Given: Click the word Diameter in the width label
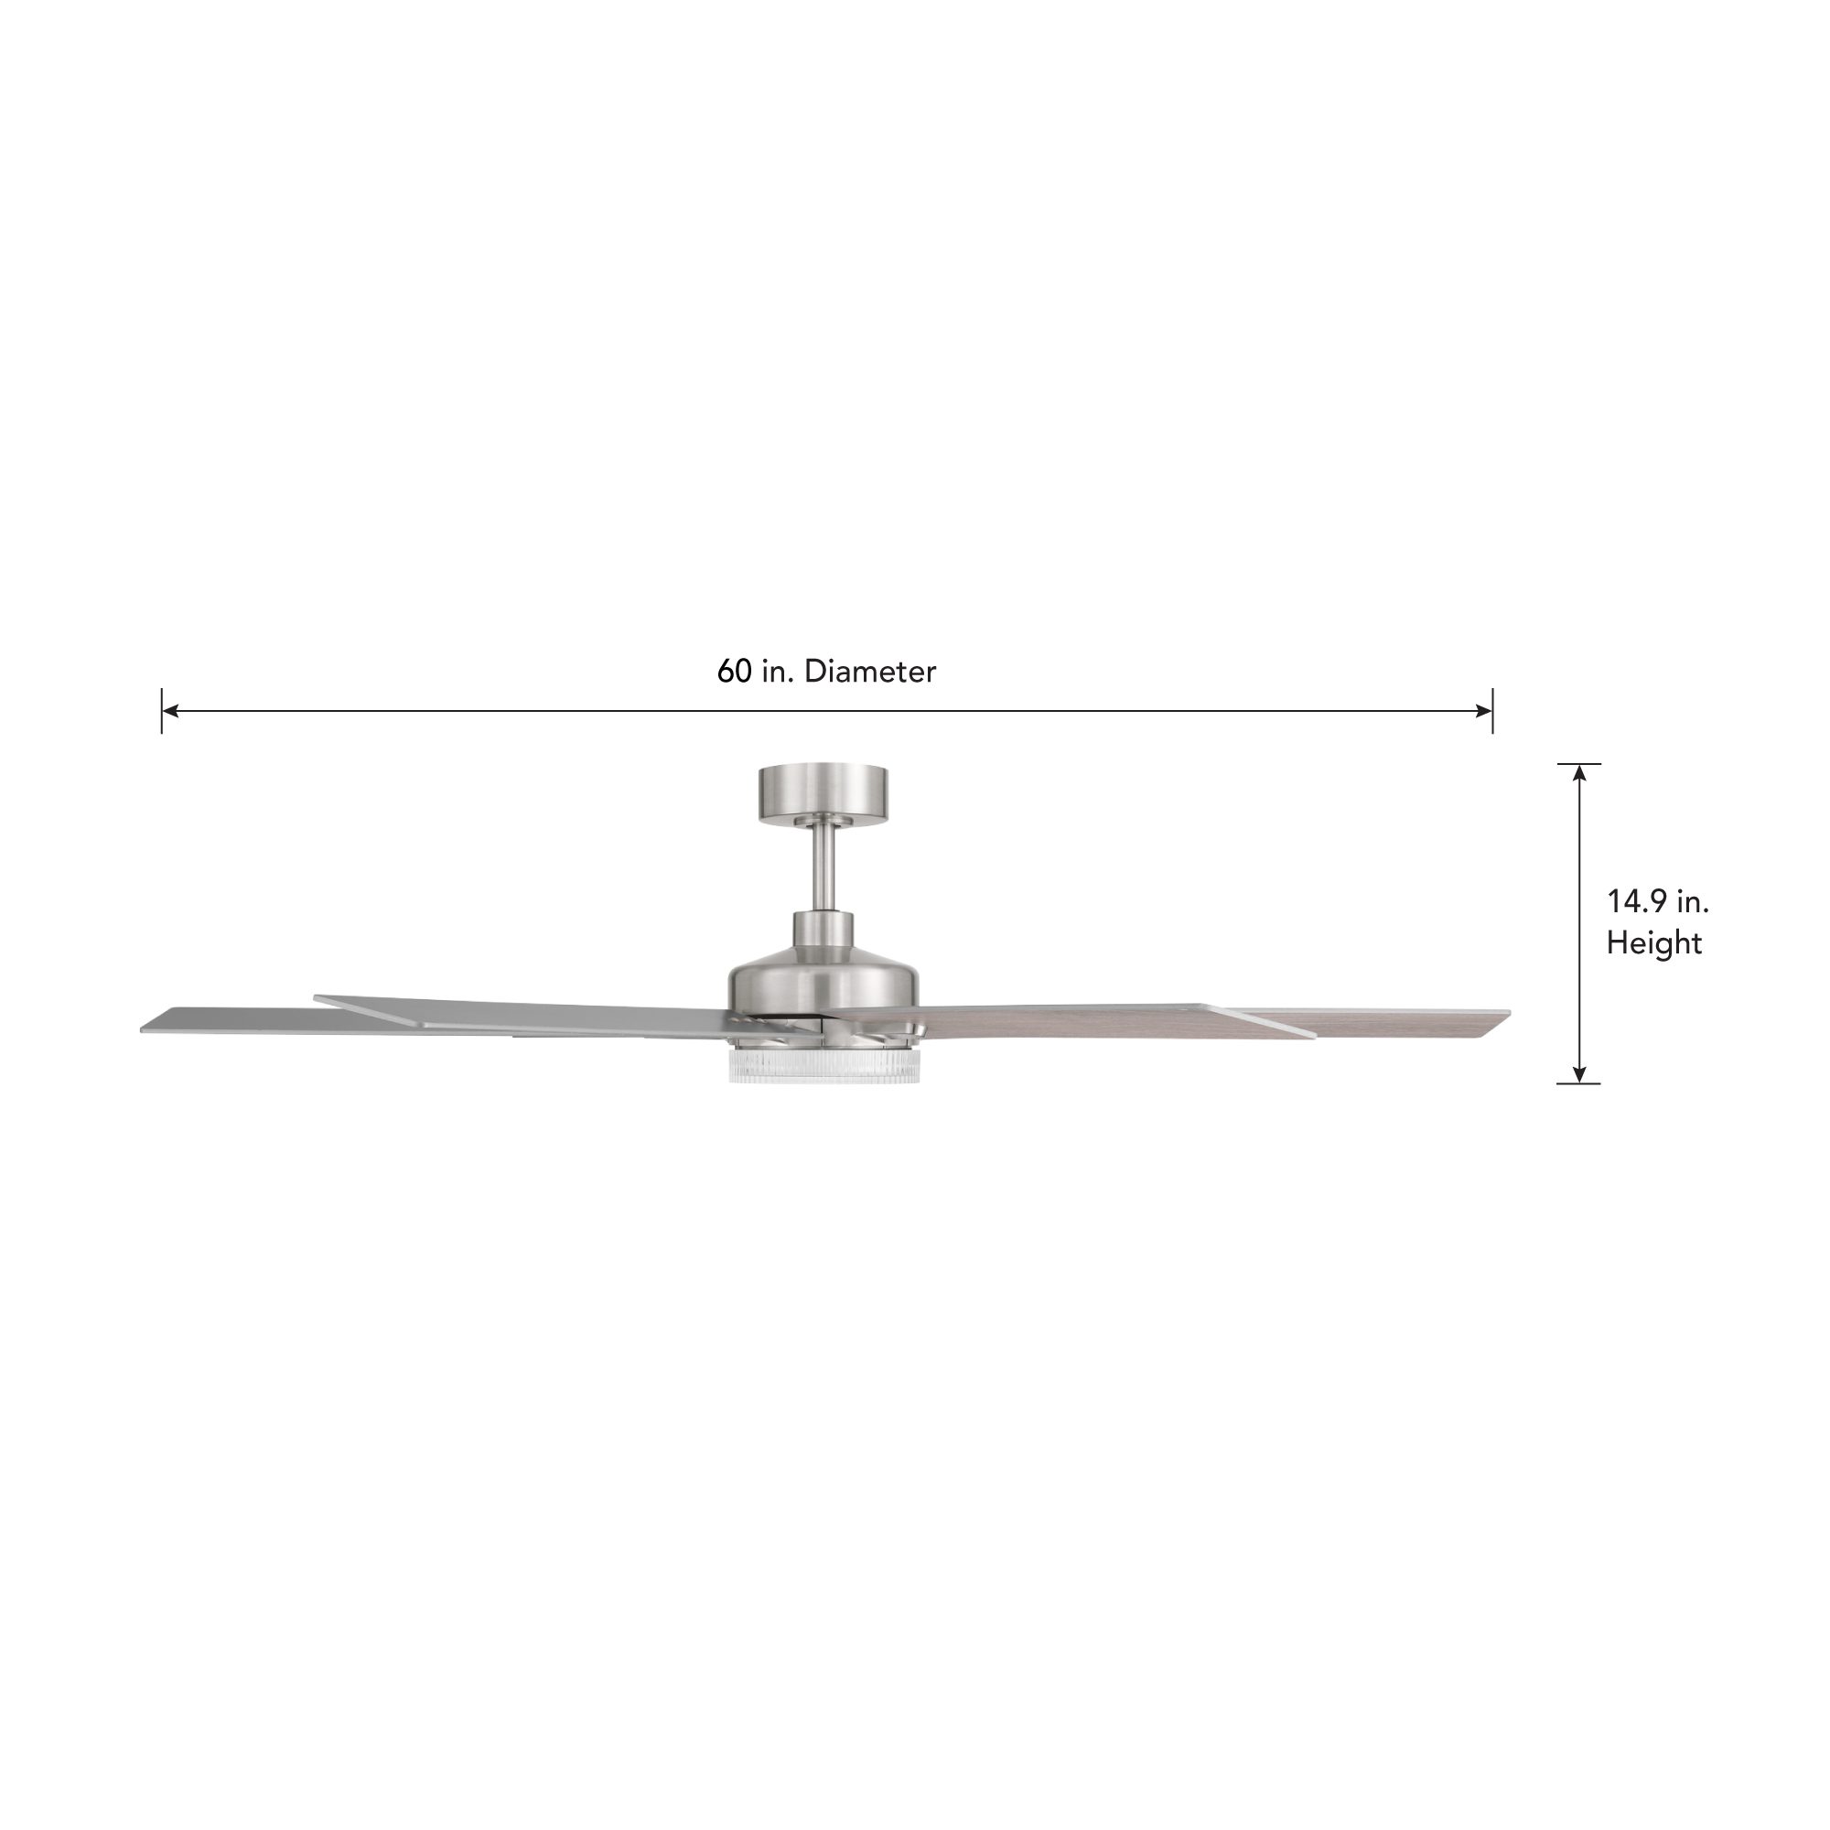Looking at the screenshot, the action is tap(869, 672).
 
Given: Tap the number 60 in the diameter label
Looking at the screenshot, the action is tap(734, 672).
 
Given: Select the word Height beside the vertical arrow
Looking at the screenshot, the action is tap(1653, 943).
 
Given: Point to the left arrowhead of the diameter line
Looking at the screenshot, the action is tap(169, 710).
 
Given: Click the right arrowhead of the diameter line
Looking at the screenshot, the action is tap(1484, 710).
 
